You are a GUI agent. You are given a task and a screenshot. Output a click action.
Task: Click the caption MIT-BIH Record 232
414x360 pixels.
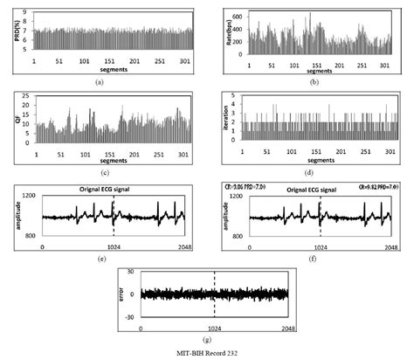pyautogui.click(x=206, y=351)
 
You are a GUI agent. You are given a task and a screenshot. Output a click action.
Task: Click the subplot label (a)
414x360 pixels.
pyautogui.click(x=99, y=81)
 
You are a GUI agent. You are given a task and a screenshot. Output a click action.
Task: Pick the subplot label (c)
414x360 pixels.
pyautogui.click(x=99, y=170)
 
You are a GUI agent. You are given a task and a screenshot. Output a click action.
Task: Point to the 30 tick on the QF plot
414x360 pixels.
pyautogui.click(x=26, y=94)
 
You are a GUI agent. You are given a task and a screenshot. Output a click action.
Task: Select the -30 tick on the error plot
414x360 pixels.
pyautogui.click(x=133, y=317)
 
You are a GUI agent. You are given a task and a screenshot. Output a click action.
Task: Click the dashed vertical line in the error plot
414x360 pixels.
pyautogui.click(x=215, y=295)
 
